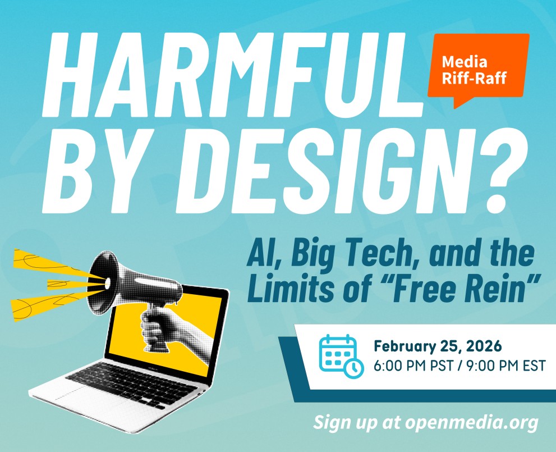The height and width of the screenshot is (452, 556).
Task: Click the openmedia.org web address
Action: [x=471, y=421]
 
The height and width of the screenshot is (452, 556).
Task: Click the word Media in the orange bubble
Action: [x=464, y=61]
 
